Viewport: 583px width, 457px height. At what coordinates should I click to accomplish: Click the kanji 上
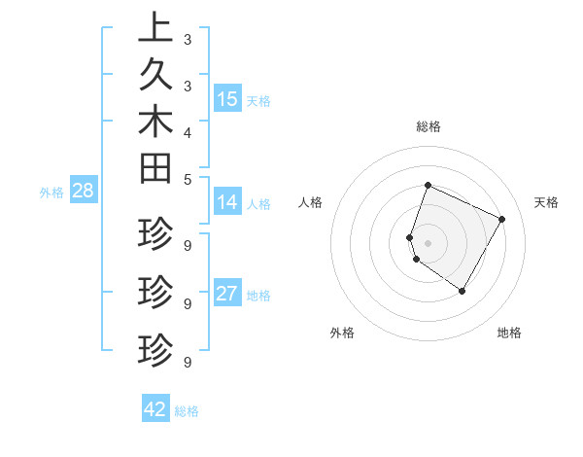tap(155, 26)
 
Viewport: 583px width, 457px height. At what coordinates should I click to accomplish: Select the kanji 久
tap(155, 74)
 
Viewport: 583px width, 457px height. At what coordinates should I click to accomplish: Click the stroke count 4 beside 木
tap(187, 132)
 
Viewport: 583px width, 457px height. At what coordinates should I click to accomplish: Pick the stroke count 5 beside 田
tap(187, 179)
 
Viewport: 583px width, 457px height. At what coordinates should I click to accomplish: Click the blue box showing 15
tap(227, 98)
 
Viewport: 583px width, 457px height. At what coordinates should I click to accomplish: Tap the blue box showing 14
tap(227, 202)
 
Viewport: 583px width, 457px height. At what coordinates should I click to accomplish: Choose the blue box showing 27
tap(227, 294)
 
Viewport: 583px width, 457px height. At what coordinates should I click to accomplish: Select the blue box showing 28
tap(83, 191)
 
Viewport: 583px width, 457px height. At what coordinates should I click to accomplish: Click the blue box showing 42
tap(155, 409)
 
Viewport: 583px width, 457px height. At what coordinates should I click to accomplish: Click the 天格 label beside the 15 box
tap(258, 100)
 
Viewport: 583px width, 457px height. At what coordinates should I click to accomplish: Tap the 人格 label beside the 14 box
tap(258, 204)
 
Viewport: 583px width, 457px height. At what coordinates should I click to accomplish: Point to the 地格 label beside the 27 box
tap(258, 296)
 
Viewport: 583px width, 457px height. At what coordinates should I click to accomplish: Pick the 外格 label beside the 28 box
tap(51, 193)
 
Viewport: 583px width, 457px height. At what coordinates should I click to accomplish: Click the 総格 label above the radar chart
tap(429, 126)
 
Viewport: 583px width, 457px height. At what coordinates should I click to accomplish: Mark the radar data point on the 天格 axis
tap(502, 219)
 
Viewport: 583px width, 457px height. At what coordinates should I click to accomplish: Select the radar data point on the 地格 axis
tap(463, 291)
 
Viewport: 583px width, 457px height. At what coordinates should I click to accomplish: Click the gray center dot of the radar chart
tap(429, 242)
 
